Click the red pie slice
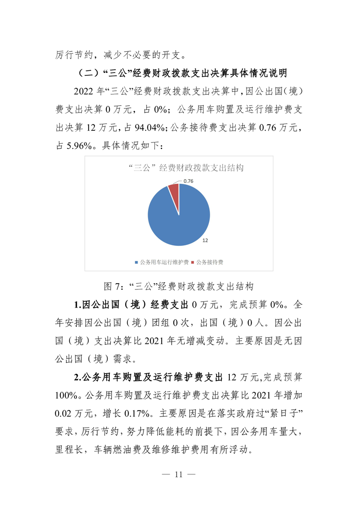174,191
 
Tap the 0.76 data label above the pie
188,181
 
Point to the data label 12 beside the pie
205,240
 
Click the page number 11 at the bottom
179,475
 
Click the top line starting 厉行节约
120,55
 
